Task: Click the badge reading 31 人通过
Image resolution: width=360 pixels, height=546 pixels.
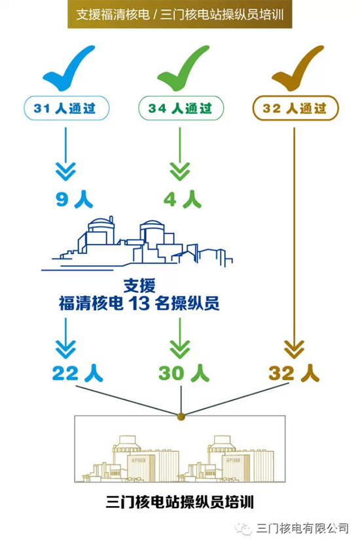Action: tap(67, 108)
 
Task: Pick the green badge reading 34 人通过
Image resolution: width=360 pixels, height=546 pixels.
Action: tap(181, 108)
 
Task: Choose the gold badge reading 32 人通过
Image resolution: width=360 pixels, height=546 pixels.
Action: tap(295, 108)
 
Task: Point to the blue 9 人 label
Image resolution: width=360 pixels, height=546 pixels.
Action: tap(75, 199)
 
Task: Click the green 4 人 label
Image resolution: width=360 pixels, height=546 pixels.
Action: tap(183, 199)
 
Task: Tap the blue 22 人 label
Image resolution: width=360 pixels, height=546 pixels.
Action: tap(78, 373)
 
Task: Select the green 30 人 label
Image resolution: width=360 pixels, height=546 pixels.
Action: tap(184, 373)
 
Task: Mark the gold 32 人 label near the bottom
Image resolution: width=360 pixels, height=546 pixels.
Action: tap(294, 373)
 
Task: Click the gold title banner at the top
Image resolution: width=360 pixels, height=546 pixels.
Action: tap(179, 14)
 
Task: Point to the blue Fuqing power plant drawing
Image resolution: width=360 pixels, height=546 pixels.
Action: tap(137, 243)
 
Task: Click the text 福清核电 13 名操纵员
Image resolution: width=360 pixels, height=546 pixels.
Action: tap(139, 303)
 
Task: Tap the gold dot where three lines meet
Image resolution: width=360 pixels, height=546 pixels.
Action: tap(181, 416)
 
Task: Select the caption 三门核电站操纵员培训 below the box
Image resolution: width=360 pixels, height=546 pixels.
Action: tap(180, 502)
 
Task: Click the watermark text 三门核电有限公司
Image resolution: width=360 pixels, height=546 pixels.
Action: tap(302, 528)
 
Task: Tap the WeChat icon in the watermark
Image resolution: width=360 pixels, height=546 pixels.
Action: tap(243, 528)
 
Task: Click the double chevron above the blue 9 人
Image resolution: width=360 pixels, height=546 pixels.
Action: tap(66, 172)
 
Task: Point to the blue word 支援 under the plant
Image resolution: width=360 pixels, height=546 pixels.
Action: tap(139, 286)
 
